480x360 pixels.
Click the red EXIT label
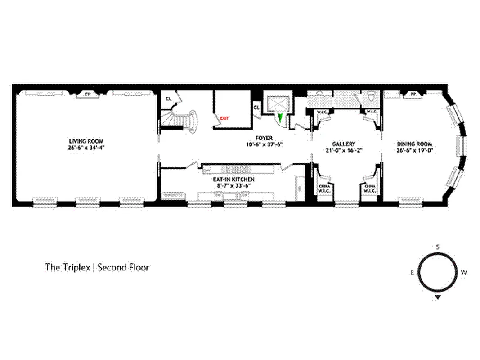coord(224,119)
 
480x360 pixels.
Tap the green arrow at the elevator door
coord(281,118)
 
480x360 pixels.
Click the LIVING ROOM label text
coord(86,141)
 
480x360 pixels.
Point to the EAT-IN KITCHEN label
coord(231,179)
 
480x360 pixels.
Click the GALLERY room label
coord(344,144)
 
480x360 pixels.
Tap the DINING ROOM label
coord(414,144)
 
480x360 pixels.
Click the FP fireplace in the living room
coord(87,94)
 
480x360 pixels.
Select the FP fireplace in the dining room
coord(413,94)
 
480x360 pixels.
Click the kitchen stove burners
coord(237,169)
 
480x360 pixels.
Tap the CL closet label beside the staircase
coord(168,98)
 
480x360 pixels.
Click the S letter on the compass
coord(437,247)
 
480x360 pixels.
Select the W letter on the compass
coord(464,272)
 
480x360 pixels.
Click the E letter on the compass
coord(412,272)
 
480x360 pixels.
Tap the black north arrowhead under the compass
coord(438,297)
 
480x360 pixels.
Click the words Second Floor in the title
coord(123,267)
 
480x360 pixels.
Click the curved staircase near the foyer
coord(184,120)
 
